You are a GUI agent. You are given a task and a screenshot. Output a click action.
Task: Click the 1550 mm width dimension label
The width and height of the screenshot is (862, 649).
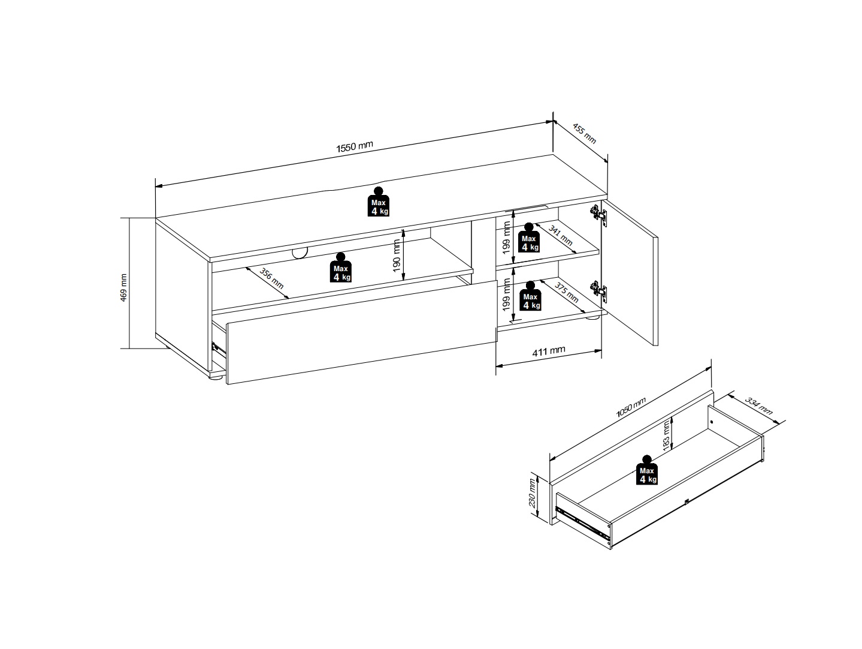coord(355,146)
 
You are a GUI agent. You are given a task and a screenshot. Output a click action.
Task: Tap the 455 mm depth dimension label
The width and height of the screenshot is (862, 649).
coord(585,134)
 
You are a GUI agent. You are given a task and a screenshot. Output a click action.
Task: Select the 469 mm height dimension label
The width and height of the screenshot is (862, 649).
coord(123,288)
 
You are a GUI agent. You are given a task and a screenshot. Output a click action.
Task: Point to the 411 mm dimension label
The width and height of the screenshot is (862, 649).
coord(549,351)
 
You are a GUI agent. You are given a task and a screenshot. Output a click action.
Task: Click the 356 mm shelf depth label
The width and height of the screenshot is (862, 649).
coord(271,278)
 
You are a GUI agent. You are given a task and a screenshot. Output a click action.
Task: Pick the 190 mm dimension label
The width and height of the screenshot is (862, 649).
coord(397,256)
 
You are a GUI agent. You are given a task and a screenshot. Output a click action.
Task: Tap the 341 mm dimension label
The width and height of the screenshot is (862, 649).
coord(561,236)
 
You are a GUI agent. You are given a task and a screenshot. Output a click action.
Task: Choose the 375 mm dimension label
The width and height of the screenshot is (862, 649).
coord(566,292)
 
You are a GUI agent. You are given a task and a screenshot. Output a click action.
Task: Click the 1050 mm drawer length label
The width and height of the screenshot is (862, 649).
coord(631,408)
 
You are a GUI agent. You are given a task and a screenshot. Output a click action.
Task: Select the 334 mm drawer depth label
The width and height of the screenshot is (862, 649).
coord(759,407)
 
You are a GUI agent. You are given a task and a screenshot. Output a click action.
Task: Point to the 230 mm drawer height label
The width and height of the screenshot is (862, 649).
coord(532,492)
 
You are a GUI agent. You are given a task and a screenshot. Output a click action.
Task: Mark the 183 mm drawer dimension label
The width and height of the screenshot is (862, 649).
coord(666,435)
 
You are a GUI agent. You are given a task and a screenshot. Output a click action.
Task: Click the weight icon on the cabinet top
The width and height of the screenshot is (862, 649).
coord(379,202)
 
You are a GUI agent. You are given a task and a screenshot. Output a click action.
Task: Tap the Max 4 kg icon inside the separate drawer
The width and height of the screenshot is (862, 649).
coord(647,470)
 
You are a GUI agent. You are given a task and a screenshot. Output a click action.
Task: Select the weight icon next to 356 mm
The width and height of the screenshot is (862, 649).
coord(340,268)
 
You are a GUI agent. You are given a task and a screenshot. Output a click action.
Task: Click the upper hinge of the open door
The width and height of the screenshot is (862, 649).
coord(599,215)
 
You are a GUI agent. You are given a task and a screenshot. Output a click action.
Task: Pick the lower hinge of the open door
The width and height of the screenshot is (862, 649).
coord(599,292)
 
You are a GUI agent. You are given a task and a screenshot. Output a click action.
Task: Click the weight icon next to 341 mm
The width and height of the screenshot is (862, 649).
coord(529,238)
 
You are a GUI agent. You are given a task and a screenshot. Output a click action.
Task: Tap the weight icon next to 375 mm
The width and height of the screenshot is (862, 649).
coord(530,296)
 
